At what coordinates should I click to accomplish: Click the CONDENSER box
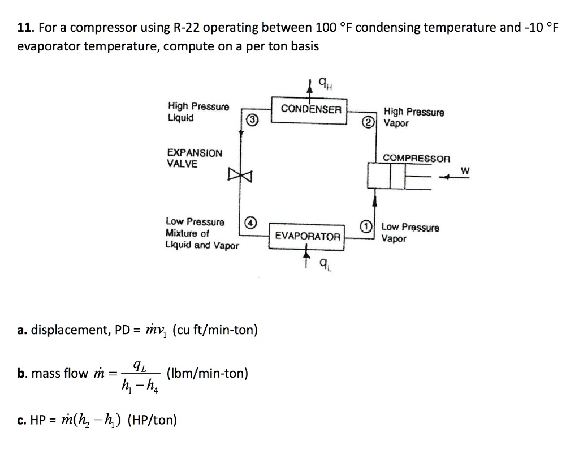coord(311,109)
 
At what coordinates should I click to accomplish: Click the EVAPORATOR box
coord(308,236)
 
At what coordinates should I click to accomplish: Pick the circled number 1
coord(366,226)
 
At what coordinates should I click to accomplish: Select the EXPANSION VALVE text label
coord(195,159)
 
